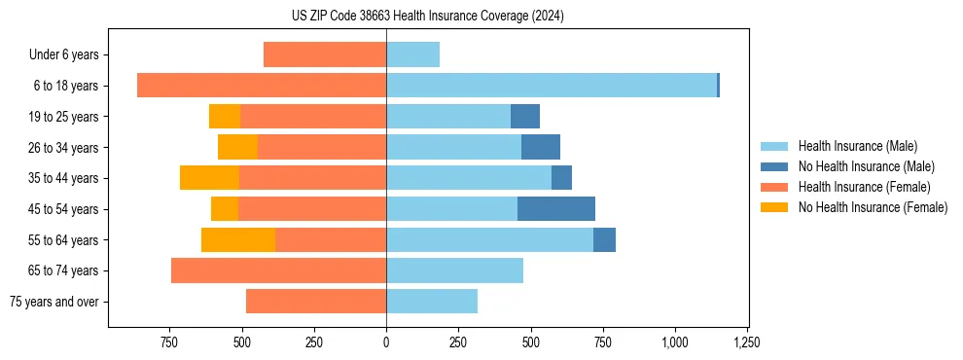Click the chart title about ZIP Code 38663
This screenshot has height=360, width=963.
click(427, 16)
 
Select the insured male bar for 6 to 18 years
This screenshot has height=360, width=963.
click(551, 86)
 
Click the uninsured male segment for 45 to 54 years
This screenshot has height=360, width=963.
click(555, 209)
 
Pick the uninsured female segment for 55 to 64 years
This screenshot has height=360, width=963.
click(238, 240)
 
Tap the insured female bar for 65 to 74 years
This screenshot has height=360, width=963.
click(278, 270)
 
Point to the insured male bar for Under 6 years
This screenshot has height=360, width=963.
click(412, 54)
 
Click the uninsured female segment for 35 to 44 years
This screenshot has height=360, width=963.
click(209, 178)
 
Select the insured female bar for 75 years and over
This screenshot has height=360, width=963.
click(316, 302)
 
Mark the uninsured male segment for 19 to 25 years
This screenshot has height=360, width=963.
click(525, 117)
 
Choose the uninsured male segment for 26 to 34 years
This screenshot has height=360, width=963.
click(541, 147)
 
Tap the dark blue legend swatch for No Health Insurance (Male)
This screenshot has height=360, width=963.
click(774, 166)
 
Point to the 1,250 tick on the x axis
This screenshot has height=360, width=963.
click(747, 342)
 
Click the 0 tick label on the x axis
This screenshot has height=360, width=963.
click(386, 342)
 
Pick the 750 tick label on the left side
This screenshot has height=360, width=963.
click(169, 342)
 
